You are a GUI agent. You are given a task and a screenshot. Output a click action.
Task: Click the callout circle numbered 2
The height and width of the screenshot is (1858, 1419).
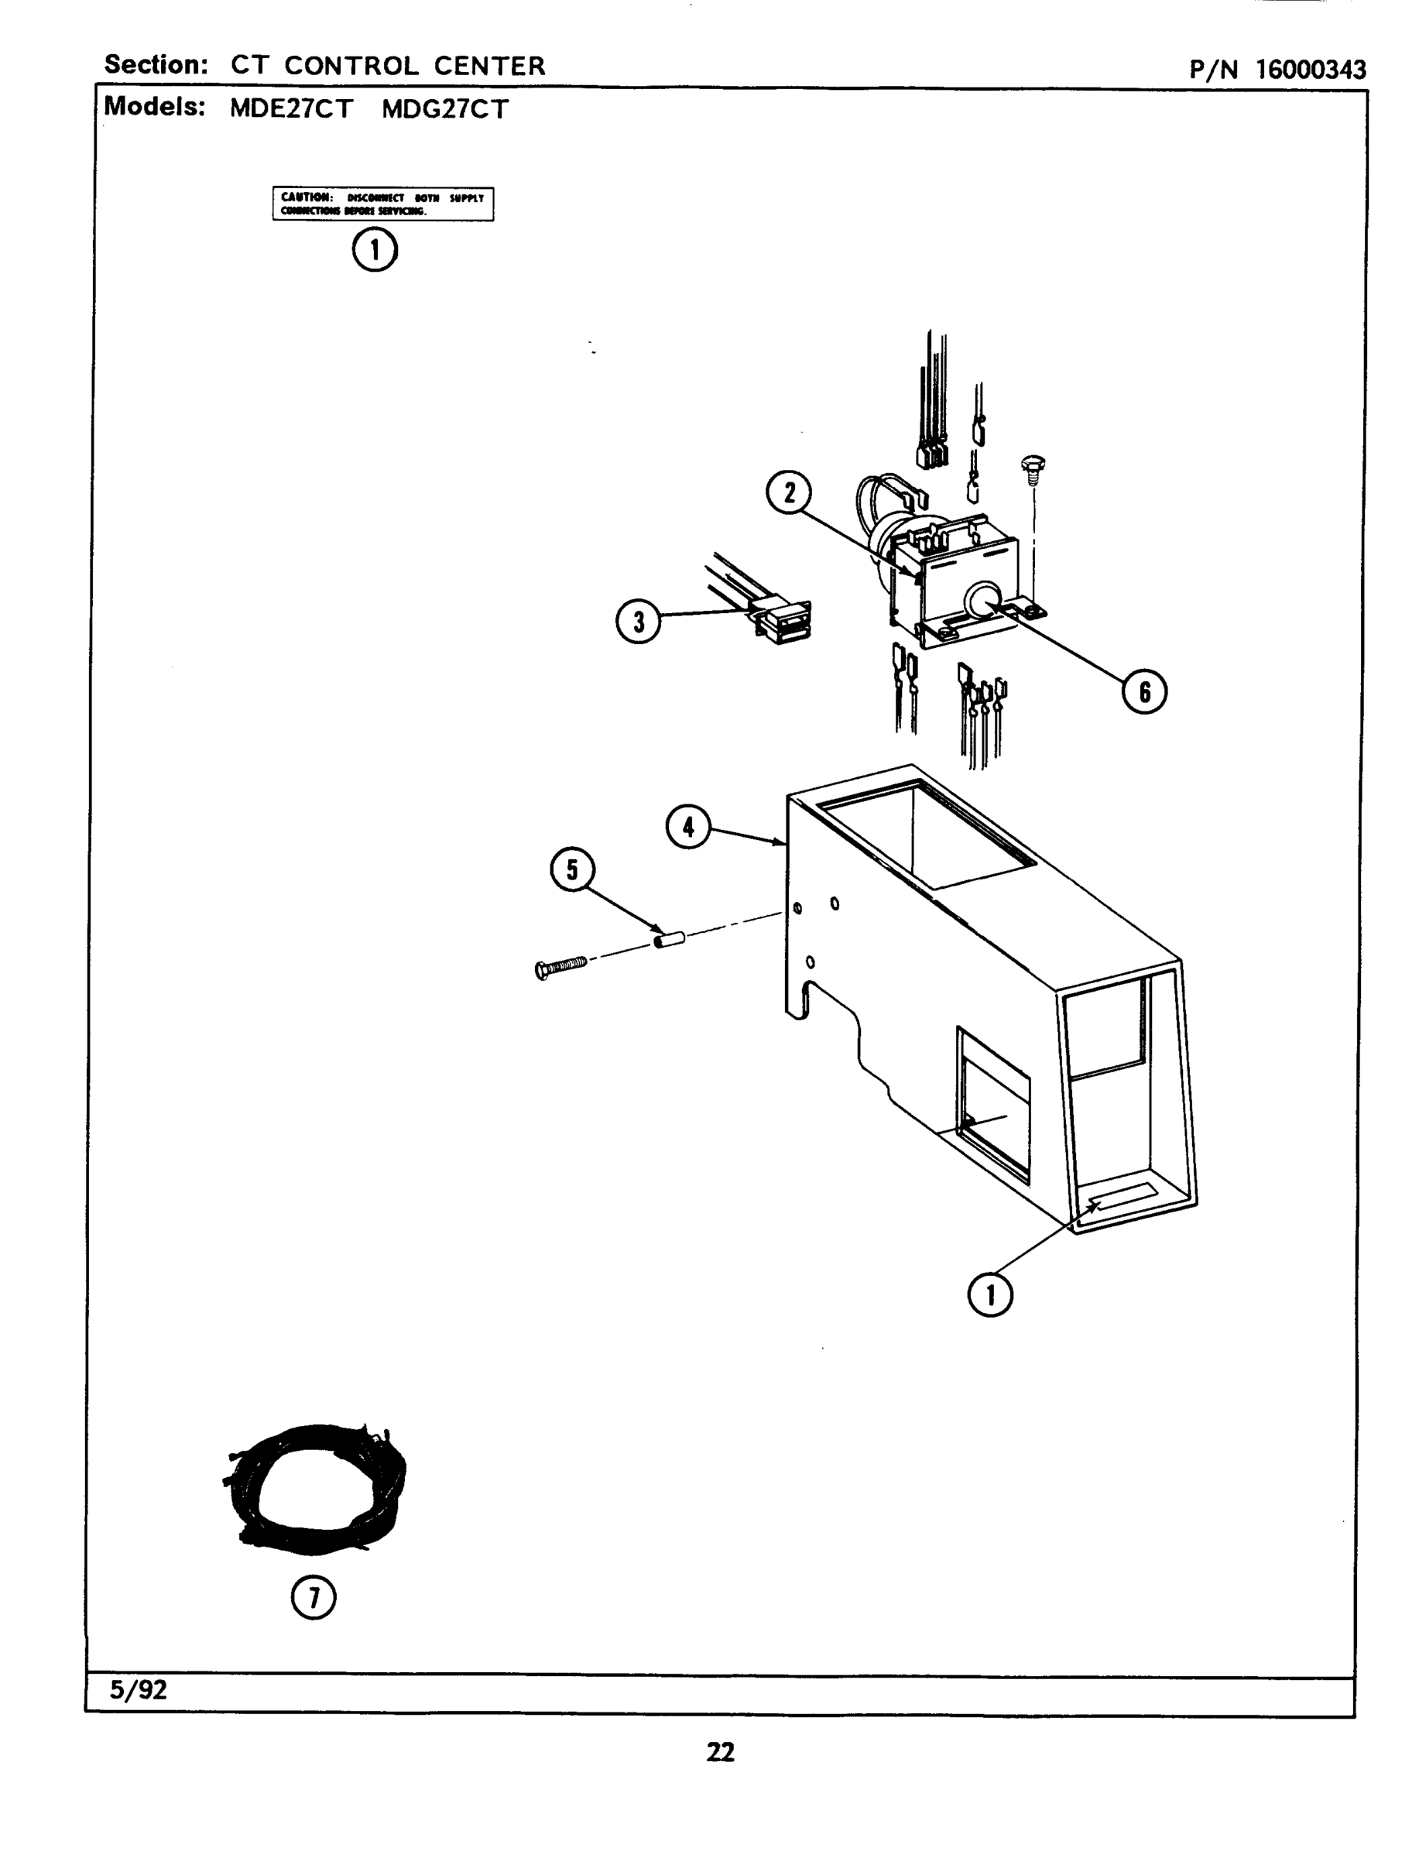point(789,493)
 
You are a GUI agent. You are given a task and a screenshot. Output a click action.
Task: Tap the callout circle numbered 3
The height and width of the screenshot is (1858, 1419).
point(638,622)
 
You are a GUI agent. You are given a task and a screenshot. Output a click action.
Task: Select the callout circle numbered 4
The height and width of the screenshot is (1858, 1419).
point(688,827)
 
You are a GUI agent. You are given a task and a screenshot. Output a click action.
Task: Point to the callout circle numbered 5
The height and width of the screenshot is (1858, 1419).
point(573,870)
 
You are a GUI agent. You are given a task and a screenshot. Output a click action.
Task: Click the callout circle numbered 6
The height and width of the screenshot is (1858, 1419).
point(1143,691)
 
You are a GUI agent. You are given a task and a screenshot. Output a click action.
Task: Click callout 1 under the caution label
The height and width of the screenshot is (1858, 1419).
point(374,249)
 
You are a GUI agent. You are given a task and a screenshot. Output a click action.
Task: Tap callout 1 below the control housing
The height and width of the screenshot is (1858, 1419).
point(990,1294)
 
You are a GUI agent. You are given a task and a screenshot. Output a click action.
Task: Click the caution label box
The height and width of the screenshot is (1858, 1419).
point(382,204)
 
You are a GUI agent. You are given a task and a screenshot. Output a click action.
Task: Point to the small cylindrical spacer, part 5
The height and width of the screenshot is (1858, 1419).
point(669,938)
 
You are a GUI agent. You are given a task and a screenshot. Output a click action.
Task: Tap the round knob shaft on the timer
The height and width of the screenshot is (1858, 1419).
point(981,601)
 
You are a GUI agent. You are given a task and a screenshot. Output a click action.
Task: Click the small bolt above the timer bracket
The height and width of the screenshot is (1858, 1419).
point(1033,468)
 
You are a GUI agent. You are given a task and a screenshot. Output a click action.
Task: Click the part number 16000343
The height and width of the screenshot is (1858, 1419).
point(1310,69)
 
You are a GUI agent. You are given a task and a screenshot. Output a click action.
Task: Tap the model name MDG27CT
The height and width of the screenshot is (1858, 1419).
point(445,110)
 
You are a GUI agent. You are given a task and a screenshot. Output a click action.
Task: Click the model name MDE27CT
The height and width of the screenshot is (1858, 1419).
point(290,110)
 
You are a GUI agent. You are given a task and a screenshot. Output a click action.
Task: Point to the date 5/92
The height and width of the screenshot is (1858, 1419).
point(139,1690)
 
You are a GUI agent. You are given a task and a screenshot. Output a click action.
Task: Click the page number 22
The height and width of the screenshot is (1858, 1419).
point(720,1753)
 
